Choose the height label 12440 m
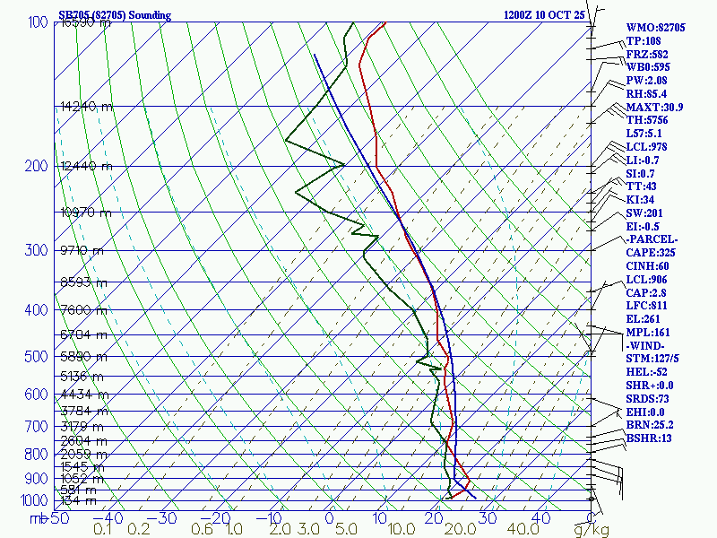coord(86,167)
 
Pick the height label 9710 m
coord(81,250)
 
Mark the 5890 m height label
coord(81,357)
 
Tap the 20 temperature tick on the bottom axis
coord(436,517)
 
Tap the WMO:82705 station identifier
coord(655,28)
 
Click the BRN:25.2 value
coord(650,425)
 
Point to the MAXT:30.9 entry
coord(654,107)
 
